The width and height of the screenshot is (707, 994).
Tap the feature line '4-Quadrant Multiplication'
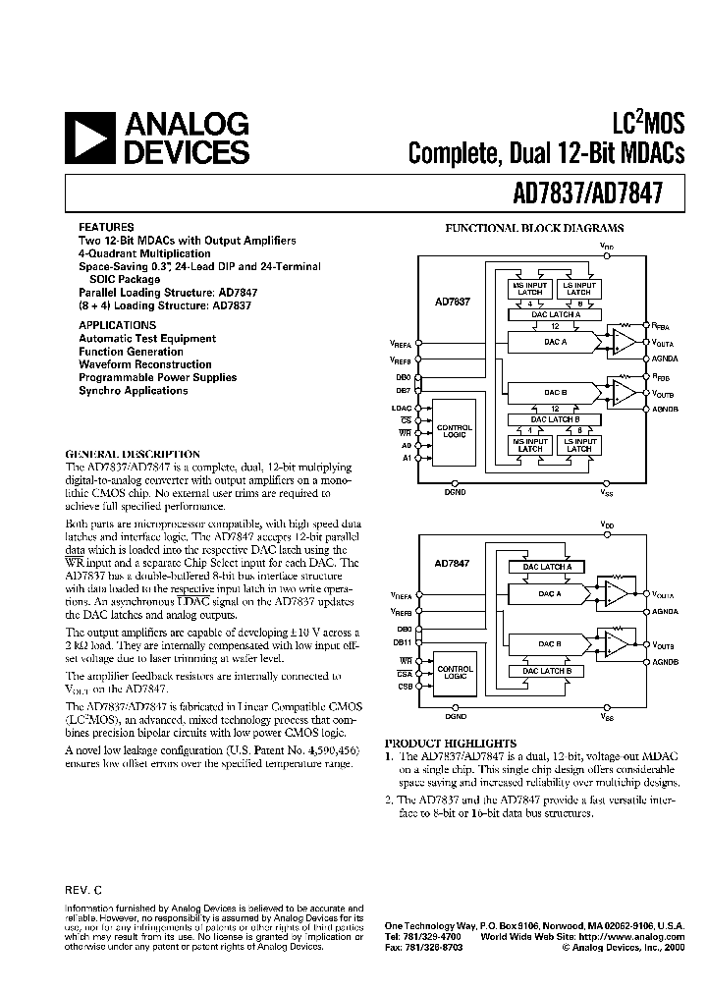[144, 253]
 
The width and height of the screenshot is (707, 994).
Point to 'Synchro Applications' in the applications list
[134, 391]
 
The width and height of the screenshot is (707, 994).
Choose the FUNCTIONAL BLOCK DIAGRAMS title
[535, 228]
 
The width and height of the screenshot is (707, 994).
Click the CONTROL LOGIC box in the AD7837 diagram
[455, 432]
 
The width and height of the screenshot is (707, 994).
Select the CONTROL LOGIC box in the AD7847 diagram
[455, 672]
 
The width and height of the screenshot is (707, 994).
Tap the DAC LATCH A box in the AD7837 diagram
[542, 314]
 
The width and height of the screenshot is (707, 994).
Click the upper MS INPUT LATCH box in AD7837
[530, 288]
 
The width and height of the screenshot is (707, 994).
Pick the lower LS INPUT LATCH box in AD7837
[579, 446]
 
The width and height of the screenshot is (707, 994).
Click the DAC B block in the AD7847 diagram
[552, 643]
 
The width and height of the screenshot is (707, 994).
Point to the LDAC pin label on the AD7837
[401, 407]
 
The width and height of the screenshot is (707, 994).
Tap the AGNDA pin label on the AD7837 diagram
[666, 359]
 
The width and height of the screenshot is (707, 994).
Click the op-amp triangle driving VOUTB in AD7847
[618, 643]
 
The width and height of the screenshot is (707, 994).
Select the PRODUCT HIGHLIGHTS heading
[450, 743]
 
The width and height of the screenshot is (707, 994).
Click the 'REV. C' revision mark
[83, 890]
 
